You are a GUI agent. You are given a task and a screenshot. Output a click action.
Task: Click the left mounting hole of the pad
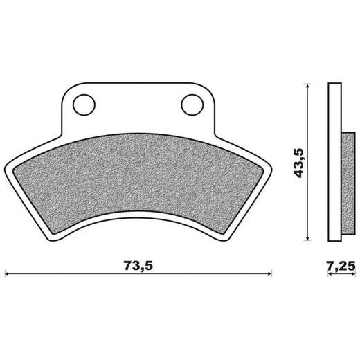(x=84, y=104)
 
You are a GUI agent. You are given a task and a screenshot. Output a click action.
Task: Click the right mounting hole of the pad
(x=190, y=104)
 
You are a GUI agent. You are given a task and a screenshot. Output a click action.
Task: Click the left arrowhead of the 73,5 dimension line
(x=8, y=273)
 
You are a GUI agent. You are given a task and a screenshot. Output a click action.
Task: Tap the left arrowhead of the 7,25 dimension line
(x=330, y=273)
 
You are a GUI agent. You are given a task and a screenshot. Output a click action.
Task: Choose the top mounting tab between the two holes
(x=137, y=104)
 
